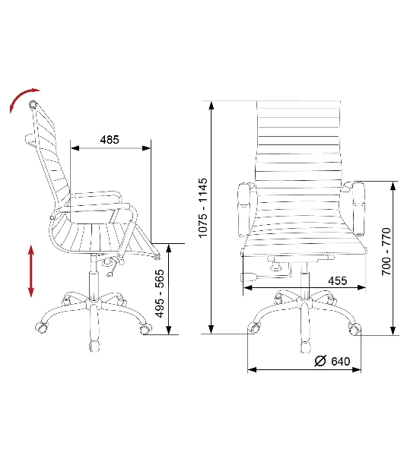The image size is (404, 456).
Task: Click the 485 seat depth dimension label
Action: click(x=110, y=140)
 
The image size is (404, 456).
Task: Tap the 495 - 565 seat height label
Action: click(x=160, y=293)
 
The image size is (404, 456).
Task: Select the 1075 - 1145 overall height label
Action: click(x=203, y=207)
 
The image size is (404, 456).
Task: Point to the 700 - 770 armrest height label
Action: click(x=387, y=252)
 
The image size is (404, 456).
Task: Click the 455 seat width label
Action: click(x=338, y=281)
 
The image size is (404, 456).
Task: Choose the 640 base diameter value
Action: click(x=341, y=361)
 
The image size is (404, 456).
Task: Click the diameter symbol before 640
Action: click(x=321, y=361)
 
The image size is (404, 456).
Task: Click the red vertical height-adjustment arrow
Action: click(x=31, y=271)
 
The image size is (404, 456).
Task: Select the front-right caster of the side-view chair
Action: click(x=145, y=328)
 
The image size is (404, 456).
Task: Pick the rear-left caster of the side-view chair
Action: click(x=41, y=328)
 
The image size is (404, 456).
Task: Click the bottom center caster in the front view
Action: click(x=305, y=347)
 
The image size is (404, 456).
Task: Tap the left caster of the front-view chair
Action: click(x=254, y=328)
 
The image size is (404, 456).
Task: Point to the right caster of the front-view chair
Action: click(x=355, y=328)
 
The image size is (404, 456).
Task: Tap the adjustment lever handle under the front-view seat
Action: click(x=248, y=277)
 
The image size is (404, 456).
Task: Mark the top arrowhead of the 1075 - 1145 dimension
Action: click(x=212, y=106)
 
